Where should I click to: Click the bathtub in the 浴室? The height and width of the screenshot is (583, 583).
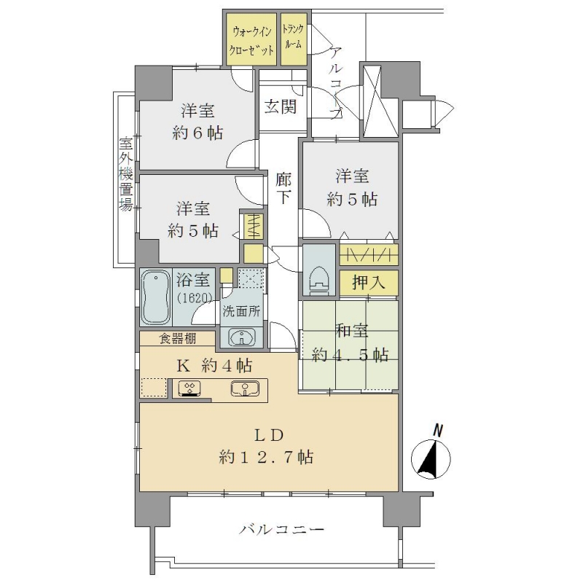[x=157, y=297]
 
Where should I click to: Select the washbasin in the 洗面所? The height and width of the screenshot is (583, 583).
[x=242, y=337]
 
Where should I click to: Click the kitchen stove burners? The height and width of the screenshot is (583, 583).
[x=189, y=388]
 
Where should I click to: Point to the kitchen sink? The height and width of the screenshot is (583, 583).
[x=244, y=388]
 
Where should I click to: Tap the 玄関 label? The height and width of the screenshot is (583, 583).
[x=281, y=107]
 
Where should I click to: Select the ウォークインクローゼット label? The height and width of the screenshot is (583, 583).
[x=250, y=41]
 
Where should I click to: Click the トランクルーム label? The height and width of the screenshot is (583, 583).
[x=294, y=36]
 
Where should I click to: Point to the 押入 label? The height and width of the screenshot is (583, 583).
[x=369, y=283]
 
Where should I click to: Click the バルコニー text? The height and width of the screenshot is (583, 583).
[x=281, y=529]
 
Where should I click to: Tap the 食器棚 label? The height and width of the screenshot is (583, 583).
[x=178, y=339]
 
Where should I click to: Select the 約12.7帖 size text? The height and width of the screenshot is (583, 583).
[x=266, y=457]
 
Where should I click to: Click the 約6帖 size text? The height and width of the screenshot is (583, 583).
[x=198, y=133]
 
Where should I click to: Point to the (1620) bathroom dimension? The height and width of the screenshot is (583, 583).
[x=195, y=297]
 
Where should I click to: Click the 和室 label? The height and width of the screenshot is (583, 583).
[x=352, y=331]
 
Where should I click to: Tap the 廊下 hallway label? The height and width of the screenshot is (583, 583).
[x=283, y=189]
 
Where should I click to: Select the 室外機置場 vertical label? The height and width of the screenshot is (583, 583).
[x=125, y=174]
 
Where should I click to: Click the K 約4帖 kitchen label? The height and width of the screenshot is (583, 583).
[x=214, y=366]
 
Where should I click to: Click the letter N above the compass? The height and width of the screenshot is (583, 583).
[x=439, y=431]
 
